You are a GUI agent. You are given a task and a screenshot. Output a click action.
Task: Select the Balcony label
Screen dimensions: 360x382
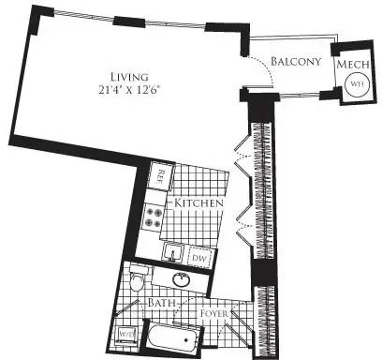(296, 62)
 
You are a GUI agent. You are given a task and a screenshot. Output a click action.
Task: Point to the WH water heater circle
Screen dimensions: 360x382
(357, 83)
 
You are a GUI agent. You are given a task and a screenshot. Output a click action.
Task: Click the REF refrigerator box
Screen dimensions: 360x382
(161, 175)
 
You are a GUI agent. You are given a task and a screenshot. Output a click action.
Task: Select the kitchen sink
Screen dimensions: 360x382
(173, 252)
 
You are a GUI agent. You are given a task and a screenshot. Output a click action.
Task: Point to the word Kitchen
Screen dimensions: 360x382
(196, 202)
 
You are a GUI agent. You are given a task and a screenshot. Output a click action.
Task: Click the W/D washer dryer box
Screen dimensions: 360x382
(125, 331)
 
